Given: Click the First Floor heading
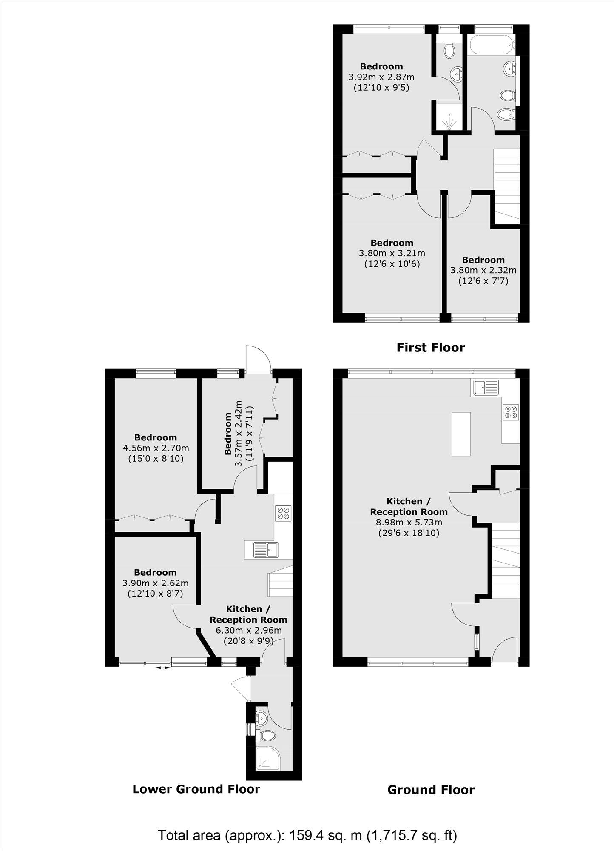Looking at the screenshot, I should [x=430, y=348].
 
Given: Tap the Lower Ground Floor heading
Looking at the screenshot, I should [x=196, y=789].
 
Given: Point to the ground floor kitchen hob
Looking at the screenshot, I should [x=511, y=411].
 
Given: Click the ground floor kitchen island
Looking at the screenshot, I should [x=461, y=434].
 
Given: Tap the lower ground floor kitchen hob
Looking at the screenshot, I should [x=283, y=513].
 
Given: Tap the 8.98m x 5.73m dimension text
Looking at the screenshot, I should [x=409, y=522].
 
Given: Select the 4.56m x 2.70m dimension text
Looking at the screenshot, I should [x=156, y=448].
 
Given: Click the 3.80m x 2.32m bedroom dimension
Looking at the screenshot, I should [x=483, y=270].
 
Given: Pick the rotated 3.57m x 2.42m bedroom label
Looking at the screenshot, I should [x=239, y=433].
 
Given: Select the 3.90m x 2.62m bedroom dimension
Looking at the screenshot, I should [x=156, y=583].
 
